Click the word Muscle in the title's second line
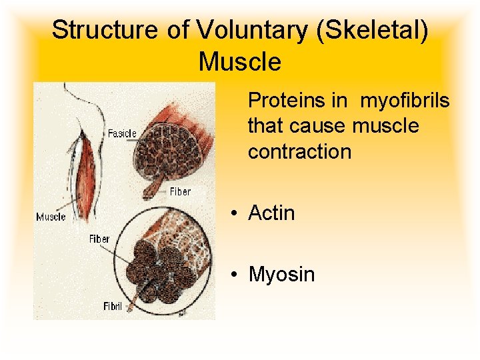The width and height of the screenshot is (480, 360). (x=240, y=62)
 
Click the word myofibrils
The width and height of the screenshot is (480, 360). (x=405, y=101)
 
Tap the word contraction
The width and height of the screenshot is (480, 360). (x=299, y=151)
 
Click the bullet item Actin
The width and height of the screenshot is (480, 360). (x=271, y=213)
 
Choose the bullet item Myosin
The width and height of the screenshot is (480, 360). (x=281, y=275)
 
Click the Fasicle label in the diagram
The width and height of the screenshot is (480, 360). (x=122, y=133)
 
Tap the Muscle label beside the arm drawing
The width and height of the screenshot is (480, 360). (x=51, y=217)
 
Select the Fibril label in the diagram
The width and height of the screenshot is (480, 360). (x=113, y=307)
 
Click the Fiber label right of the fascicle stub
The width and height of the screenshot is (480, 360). (x=180, y=191)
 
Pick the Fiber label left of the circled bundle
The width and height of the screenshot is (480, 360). (x=99, y=239)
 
